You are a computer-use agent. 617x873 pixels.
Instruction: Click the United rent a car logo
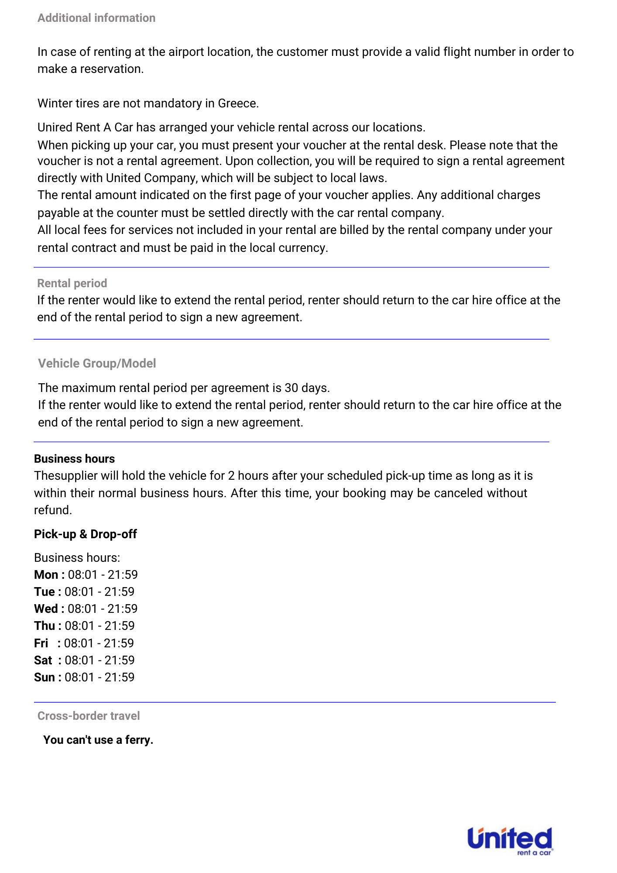pyautogui.click(x=510, y=841)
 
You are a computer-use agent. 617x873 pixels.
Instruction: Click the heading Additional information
pyautogui.click(x=96, y=18)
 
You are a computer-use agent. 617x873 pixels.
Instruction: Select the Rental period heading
pyautogui.click(x=72, y=283)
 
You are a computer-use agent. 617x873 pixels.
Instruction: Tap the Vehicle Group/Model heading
pyautogui.click(x=97, y=363)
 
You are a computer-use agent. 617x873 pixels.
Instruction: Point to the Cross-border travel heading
pyautogui.click(x=89, y=716)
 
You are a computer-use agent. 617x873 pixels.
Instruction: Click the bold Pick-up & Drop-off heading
pyautogui.click(x=86, y=534)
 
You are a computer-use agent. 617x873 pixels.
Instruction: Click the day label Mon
pyautogui.click(x=46, y=574)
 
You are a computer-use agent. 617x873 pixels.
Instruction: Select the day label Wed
pyautogui.click(x=46, y=608)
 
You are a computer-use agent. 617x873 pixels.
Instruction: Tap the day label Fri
pyautogui.click(x=41, y=643)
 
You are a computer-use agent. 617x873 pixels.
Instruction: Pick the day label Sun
pyautogui.click(x=45, y=677)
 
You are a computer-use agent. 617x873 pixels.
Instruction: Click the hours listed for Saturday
pyautogui.click(x=99, y=660)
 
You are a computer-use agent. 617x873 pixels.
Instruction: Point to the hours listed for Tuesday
pyautogui.click(x=99, y=591)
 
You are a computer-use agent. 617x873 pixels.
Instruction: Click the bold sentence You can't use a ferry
pyautogui.click(x=98, y=740)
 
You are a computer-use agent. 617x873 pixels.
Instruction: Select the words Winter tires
pyautogui.click(x=68, y=103)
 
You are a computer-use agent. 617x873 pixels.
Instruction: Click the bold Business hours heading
pyautogui.click(x=75, y=459)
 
